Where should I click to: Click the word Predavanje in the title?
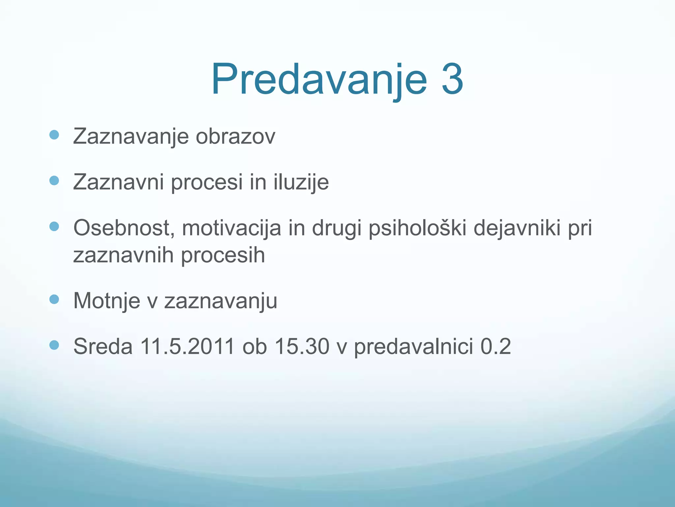click(319, 80)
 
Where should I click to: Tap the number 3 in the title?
click(452, 80)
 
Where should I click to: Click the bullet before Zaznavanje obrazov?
click(54, 135)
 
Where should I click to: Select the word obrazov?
click(235, 136)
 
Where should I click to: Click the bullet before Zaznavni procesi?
click(54, 181)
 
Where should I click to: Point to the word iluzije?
click(301, 182)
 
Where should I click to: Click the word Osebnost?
click(124, 228)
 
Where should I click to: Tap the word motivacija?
click(231, 228)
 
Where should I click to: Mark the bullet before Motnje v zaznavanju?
click(54, 299)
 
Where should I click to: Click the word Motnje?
click(106, 301)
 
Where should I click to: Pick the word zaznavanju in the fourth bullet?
click(220, 301)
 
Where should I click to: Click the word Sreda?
click(103, 346)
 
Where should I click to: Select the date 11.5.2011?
click(187, 346)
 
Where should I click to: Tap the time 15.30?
click(302, 346)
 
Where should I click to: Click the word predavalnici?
click(413, 347)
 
